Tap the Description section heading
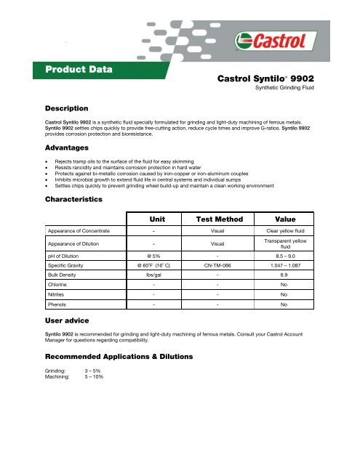pyautogui.click(x=67, y=108)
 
